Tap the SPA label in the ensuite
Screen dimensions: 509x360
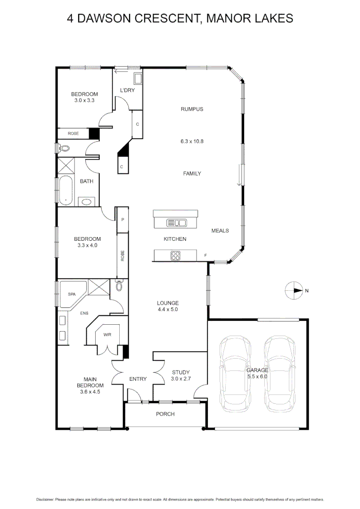[x=72, y=294]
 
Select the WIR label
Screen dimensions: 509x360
[x=107, y=335]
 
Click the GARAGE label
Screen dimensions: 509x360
[x=257, y=370]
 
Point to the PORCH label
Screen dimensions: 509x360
[x=165, y=414]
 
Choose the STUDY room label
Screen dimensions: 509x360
[x=180, y=372]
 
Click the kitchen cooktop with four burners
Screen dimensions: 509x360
[x=175, y=256]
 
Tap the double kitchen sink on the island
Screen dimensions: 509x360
[x=177, y=222]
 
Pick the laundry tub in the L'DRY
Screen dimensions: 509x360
[x=138, y=78]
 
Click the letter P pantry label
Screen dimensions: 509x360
[x=123, y=220]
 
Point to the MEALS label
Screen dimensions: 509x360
[x=220, y=230]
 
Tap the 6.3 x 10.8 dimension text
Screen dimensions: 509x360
[x=192, y=141]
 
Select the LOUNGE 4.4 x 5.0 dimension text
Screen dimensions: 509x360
[x=168, y=310]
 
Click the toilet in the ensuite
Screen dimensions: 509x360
[x=119, y=286]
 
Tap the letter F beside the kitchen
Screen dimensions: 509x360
[x=205, y=256]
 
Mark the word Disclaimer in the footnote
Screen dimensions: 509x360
[x=45, y=499]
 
